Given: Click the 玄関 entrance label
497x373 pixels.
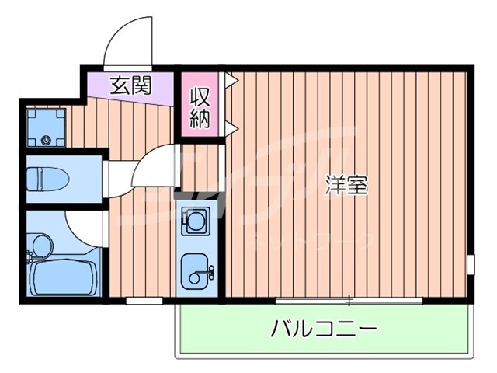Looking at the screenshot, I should (x=130, y=85).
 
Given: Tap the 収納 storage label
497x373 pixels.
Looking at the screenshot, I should (x=200, y=109).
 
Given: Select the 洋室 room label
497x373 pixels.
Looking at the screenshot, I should (x=346, y=186).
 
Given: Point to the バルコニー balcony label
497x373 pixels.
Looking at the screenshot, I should (x=324, y=329).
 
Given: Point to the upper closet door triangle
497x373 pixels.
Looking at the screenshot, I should (x=231, y=79).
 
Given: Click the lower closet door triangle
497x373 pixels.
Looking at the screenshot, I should (x=231, y=127).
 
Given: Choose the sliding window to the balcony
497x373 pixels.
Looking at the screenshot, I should (x=349, y=300).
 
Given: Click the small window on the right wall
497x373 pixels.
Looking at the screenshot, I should (x=470, y=264).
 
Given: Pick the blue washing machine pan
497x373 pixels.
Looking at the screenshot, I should (x=46, y=127).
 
